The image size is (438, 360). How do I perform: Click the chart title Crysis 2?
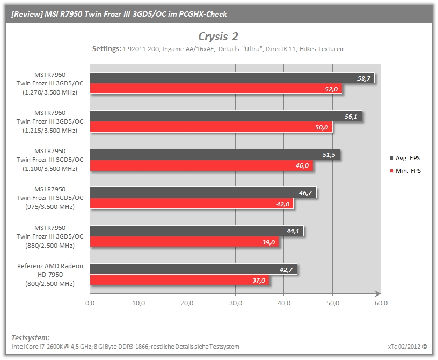pos(218,37)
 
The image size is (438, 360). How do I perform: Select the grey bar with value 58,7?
pos(232,78)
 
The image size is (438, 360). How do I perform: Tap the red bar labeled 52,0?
pos(216,89)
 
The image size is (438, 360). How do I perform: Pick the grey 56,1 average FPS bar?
pos(226,116)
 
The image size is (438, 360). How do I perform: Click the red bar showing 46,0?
pos(201,165)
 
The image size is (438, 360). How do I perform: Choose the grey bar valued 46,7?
pos(203,192)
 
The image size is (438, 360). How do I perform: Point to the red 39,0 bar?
pos(184,242)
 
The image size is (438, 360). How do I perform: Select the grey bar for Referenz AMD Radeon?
pos(194,269)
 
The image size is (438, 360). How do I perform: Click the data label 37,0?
pos(259,280)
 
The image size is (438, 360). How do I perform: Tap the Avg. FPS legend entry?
pos(405,158)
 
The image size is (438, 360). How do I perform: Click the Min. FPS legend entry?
pos(405,171)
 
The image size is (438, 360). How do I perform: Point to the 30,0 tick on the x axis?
pos(236,303)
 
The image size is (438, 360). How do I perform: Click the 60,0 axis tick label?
pos(381,303)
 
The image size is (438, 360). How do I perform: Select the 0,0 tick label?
pos(90,303)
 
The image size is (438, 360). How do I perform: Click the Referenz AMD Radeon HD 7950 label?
pos(50,275)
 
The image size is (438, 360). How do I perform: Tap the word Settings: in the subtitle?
pos(107,49)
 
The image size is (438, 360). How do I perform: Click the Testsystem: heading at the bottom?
pos(31,337)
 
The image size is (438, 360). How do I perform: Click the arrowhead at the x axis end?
pos(378,294)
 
